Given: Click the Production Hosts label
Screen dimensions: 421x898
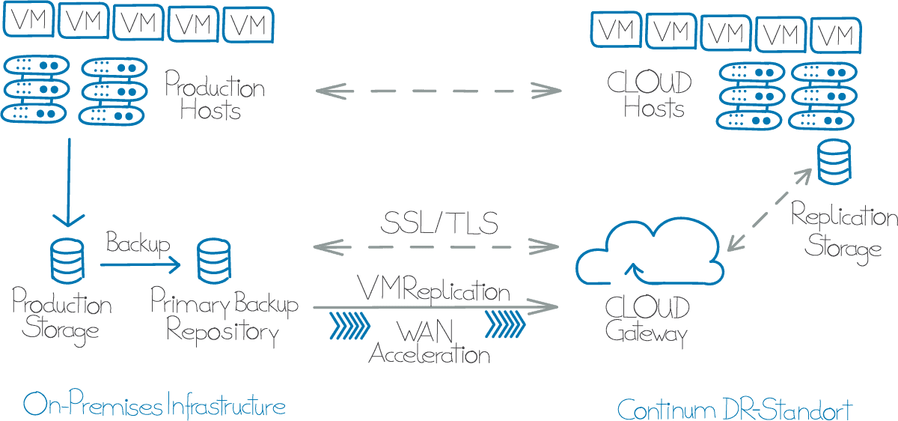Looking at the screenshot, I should click(215, 97).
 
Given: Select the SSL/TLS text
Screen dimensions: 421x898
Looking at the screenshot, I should click(439, 222).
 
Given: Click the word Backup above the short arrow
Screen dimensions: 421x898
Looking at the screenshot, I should click(138, 243).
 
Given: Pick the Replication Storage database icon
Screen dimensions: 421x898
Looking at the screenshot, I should click(833, 164).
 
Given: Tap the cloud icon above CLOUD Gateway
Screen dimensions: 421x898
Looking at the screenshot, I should click(650, 254).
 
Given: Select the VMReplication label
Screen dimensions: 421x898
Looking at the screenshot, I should click(434, 290).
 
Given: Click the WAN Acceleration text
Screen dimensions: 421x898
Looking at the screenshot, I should click(430, 342).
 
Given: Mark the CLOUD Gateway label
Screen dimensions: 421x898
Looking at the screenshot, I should click(647, 321).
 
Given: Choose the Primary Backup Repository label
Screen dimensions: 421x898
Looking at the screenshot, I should click(224, 318).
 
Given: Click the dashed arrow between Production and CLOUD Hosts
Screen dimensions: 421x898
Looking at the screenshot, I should click(439, 91).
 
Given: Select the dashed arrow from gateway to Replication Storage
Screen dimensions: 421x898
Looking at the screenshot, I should click(769, 209).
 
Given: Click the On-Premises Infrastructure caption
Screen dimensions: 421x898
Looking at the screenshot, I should click(154, 406).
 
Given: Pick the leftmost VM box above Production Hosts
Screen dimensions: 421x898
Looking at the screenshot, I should click(29, 20).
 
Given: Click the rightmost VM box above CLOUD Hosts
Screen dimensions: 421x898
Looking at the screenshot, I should click(836, 34).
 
